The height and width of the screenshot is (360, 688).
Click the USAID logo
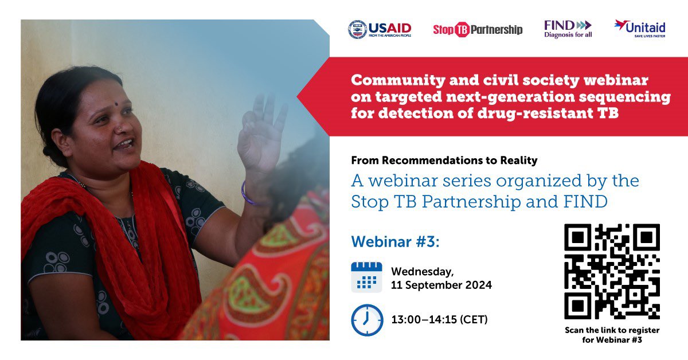(x=380, y=29)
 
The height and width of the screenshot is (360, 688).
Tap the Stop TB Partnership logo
(x=478, y=29)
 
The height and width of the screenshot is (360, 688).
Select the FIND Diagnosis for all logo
(x=568, y=29)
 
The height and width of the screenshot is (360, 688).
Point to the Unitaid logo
(x=640, y=29)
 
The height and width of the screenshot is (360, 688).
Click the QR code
(x=612, y=272)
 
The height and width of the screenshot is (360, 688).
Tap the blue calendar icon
(x=366, y=277)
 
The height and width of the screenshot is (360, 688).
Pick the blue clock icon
(x=367, y=320)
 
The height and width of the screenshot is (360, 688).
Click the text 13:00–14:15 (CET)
(x=439, y=319)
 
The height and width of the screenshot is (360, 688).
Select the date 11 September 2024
(x=441, y=285)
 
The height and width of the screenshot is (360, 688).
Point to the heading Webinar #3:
(x=395, y=241)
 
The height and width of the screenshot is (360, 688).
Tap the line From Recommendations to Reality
(x=444, y=160)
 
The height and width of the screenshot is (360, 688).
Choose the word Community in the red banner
(x=398, y=80)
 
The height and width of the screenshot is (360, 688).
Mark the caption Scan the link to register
(x=612, y=330)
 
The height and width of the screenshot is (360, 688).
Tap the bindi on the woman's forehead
(x=116, y=104)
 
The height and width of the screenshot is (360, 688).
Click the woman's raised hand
(x=261, y=132)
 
